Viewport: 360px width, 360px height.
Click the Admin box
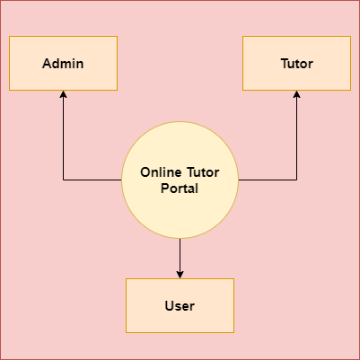(63, 63)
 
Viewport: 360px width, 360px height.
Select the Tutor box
(296, 63)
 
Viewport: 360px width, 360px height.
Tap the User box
(180, 305)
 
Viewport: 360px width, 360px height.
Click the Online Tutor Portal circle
(180, 180)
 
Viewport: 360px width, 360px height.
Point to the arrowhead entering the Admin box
(63, 94)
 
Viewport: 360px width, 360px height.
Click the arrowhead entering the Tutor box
(296, 94)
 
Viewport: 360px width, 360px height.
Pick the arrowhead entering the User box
(180, 275)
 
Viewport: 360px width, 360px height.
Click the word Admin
(63, 64)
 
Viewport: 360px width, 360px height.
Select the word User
(180, 306)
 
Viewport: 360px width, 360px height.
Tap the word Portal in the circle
(180, 189)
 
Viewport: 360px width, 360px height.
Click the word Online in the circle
(161, 172)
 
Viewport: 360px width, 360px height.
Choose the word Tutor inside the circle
(203, 172)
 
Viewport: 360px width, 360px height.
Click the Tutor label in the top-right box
(297, 64)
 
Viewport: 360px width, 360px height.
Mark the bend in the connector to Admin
(63, 180)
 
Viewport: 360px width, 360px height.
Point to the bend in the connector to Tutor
(296, 180)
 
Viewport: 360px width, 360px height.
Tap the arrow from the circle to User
(180, 259)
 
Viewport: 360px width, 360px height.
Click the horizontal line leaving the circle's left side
(92, 180)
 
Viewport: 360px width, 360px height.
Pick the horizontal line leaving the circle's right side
(268, 180)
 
